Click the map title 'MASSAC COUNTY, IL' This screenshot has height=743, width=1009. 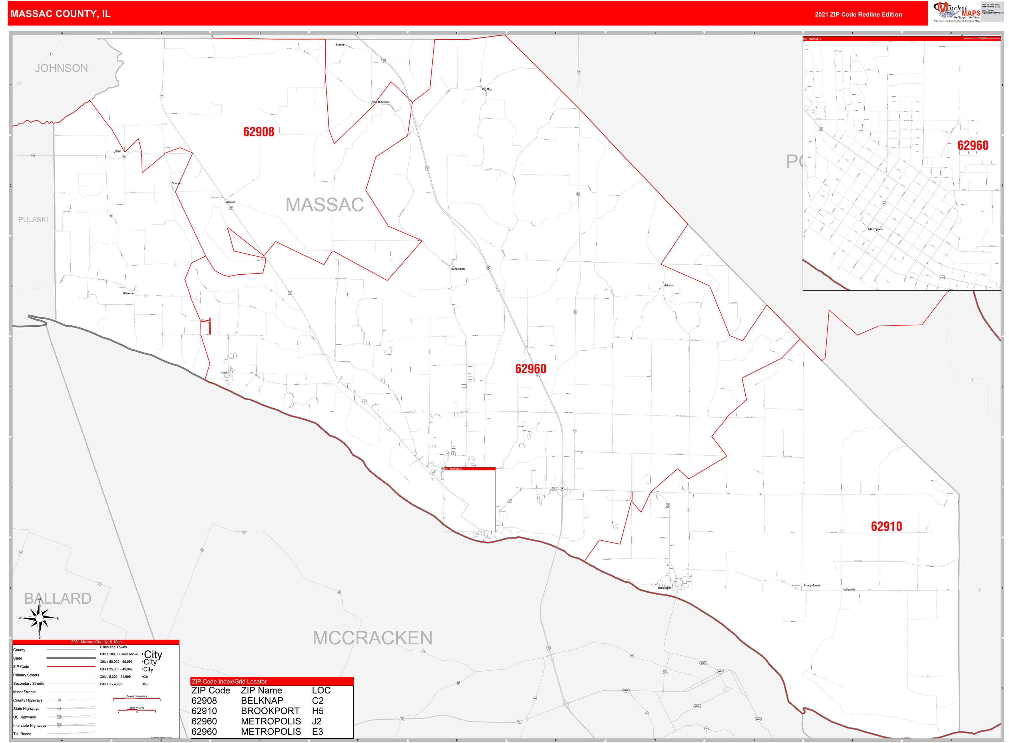tap(60, 14)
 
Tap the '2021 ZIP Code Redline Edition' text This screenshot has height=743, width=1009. tap(858, 14)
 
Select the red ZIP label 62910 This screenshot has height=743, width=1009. tap(886, 526)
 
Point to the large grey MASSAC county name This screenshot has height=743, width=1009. tap(325, 205)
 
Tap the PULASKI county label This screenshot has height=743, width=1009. tap(33, 219)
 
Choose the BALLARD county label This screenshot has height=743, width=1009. tap(57, 599)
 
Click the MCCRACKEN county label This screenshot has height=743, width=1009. tap(372, 638)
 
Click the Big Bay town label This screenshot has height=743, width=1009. tap(487, 89)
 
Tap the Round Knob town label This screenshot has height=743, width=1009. tap(457, 269)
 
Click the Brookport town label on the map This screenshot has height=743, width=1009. tap(664, 588)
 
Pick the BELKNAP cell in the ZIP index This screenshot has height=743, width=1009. tap(262, 701)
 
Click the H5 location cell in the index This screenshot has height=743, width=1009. tap(317, 711)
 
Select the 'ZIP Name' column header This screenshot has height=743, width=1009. tap(262, 690)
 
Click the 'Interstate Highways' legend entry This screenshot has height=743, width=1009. tap(29, 726)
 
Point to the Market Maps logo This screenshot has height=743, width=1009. tap(956, 12)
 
